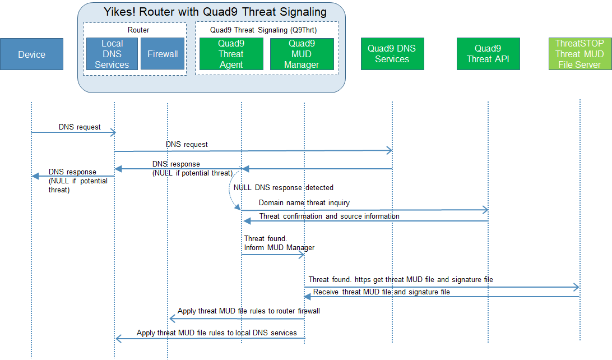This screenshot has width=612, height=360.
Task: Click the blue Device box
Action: click(x=31, y=54)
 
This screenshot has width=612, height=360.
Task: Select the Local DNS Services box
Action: click(x=112, y=54)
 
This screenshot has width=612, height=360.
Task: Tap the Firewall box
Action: click(x=163, y=54)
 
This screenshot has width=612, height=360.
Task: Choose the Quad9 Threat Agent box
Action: click(x=231, y=54)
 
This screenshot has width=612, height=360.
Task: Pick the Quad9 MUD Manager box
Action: click(x=302, y=54)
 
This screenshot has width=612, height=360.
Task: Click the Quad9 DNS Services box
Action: click(x=392, y=54)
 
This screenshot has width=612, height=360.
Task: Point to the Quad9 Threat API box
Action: click(x=488, y=54)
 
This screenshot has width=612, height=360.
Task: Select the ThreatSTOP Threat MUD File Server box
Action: click(x=580, y=54)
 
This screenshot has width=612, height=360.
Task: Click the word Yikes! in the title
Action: click(x=119, y=12)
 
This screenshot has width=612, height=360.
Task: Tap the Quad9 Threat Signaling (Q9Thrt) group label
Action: click(x=263, y=30)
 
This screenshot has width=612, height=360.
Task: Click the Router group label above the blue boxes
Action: click(x=138, y=30)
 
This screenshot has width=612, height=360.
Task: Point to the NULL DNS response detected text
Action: click(x=284, y=187)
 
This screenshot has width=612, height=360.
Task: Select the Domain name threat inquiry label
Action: click(x=304, y=202)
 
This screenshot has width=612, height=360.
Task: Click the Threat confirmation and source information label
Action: click(x=330, y=216)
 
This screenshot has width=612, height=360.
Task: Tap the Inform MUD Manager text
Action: click(x=279, y=247)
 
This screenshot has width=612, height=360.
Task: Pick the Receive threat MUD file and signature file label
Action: click(x=381, y=292)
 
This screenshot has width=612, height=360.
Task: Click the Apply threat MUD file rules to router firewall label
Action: click(x=249, y=311)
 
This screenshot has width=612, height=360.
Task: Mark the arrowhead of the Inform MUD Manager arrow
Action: click(x=302, y=255)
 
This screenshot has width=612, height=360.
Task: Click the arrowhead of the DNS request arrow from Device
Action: click(x=113, y=132)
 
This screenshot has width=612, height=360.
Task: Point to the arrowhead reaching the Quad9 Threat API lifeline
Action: click(x=485, y=210)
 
